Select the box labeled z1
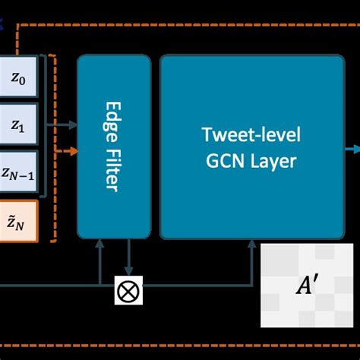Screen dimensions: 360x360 point(17,125)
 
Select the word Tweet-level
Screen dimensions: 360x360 point(251,134)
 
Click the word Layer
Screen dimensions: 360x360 point(275,161)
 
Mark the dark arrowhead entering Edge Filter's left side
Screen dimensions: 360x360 point(73,124)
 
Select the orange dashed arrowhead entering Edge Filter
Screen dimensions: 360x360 point(73,150)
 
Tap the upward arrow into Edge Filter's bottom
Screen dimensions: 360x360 point(99,245)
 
